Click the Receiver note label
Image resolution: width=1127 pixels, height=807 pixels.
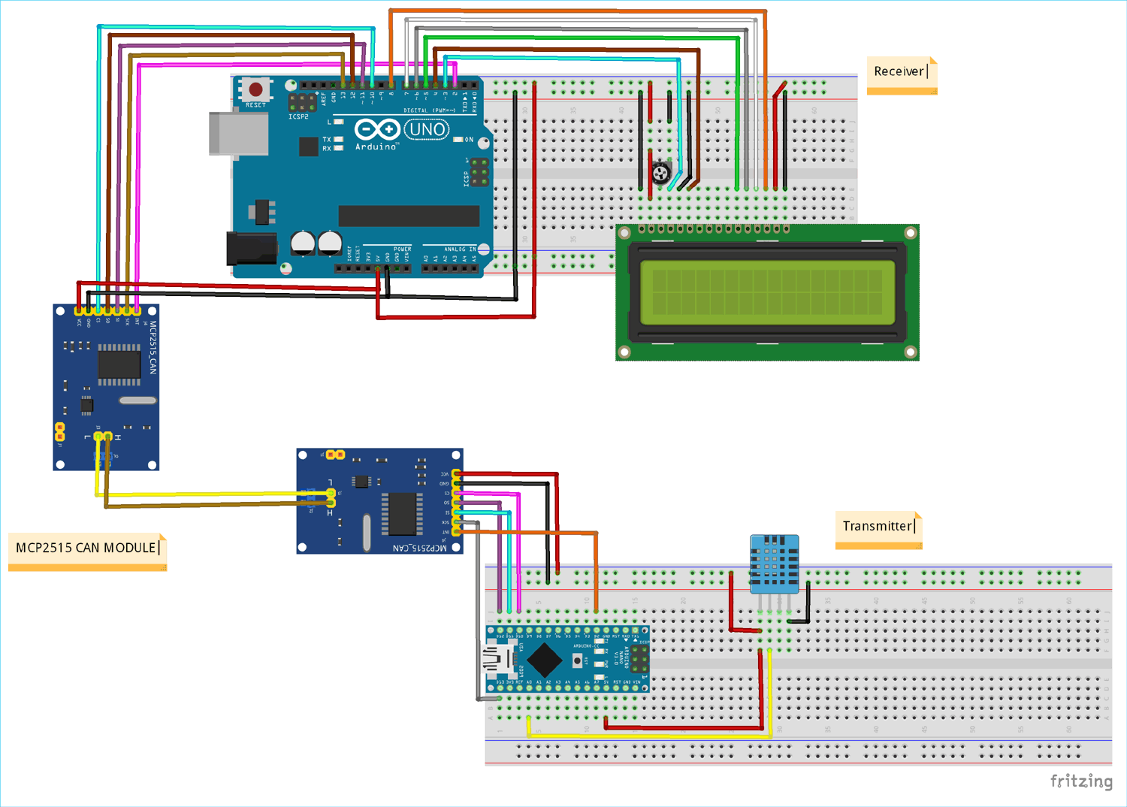coord(899,72)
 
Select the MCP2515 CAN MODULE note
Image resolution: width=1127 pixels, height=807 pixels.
coord(86,548)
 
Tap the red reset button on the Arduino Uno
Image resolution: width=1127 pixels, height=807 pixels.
coord(255,89)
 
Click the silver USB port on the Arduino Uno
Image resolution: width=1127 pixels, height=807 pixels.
coord(239,134)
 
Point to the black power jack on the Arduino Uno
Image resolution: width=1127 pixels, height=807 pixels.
coord(251,248)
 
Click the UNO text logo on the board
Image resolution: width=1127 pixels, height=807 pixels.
coord(427,130)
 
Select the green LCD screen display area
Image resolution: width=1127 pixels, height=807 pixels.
coord(767,292)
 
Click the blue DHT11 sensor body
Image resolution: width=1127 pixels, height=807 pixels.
coord(774,562)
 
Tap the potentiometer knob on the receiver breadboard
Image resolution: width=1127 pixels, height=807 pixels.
coord(660,174)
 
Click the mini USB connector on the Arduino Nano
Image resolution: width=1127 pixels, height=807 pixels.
coord(500,660)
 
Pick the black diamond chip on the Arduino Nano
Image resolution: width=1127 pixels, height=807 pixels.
coord(544,660)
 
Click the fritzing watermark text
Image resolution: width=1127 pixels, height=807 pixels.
coord(1080,781)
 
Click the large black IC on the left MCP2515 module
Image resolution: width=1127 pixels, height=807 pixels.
coord(119,364)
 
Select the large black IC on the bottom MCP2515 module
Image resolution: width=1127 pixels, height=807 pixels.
coord(402,514)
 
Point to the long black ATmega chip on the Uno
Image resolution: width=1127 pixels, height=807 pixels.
coord(409,216)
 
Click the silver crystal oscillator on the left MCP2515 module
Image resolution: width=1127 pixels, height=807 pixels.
coord(137,400)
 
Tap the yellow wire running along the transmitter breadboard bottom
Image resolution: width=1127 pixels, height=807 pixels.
coord(646,736)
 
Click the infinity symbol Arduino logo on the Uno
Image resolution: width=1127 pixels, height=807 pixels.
coord(377,130)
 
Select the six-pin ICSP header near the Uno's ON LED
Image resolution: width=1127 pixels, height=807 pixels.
coord(479,172)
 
